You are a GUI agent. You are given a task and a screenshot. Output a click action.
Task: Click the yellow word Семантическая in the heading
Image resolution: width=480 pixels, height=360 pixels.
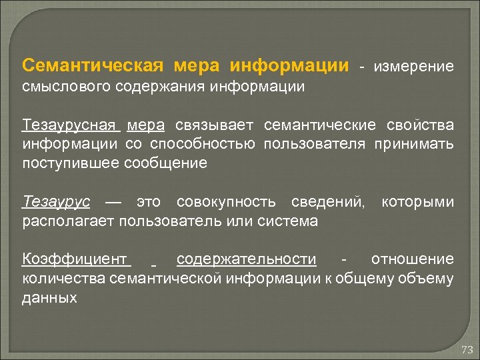point(93,67)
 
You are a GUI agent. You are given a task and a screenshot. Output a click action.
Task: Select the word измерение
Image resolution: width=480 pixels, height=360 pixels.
point(414,67)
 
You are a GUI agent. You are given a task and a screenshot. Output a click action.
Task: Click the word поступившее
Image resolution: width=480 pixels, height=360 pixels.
point(71,163)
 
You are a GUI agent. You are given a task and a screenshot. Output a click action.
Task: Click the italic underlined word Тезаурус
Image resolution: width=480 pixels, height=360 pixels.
point(56,201)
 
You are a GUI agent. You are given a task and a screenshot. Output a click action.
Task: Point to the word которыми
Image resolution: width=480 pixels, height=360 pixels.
point(417,201)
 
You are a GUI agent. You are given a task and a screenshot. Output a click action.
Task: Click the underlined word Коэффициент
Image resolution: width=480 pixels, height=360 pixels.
point(75,259)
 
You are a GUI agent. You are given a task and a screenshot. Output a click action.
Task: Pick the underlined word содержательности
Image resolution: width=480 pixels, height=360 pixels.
point(247,259)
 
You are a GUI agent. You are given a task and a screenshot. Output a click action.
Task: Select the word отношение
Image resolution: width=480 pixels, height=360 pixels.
point(412,259)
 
